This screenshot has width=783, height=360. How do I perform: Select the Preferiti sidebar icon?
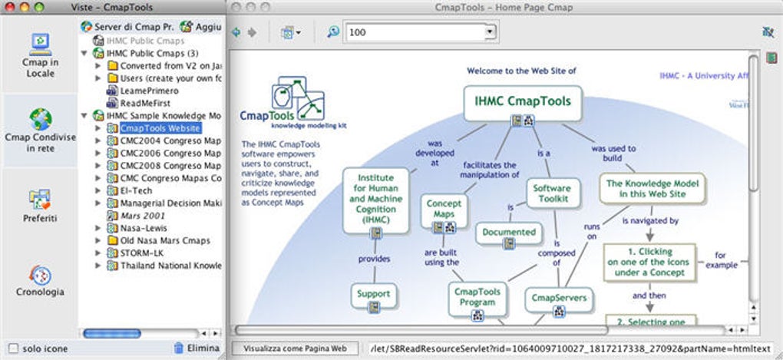(39, 206)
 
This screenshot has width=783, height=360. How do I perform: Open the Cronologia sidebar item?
(39, 280)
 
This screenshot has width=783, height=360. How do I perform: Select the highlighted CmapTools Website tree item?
(160, 128)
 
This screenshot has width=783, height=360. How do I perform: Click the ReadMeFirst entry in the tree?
(144, 103)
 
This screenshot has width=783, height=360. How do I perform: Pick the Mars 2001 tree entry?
(144, 216)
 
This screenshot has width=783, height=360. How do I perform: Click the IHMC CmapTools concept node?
(522, 100)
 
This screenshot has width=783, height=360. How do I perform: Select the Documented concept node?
(509, 232)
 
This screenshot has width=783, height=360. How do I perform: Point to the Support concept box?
(374, 293)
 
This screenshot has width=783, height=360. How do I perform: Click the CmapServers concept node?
(559, 298)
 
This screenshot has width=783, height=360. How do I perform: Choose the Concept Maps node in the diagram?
(444, 209)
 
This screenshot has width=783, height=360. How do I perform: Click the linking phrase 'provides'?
(374, 259)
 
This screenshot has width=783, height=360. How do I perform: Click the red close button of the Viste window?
(9, 6)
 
